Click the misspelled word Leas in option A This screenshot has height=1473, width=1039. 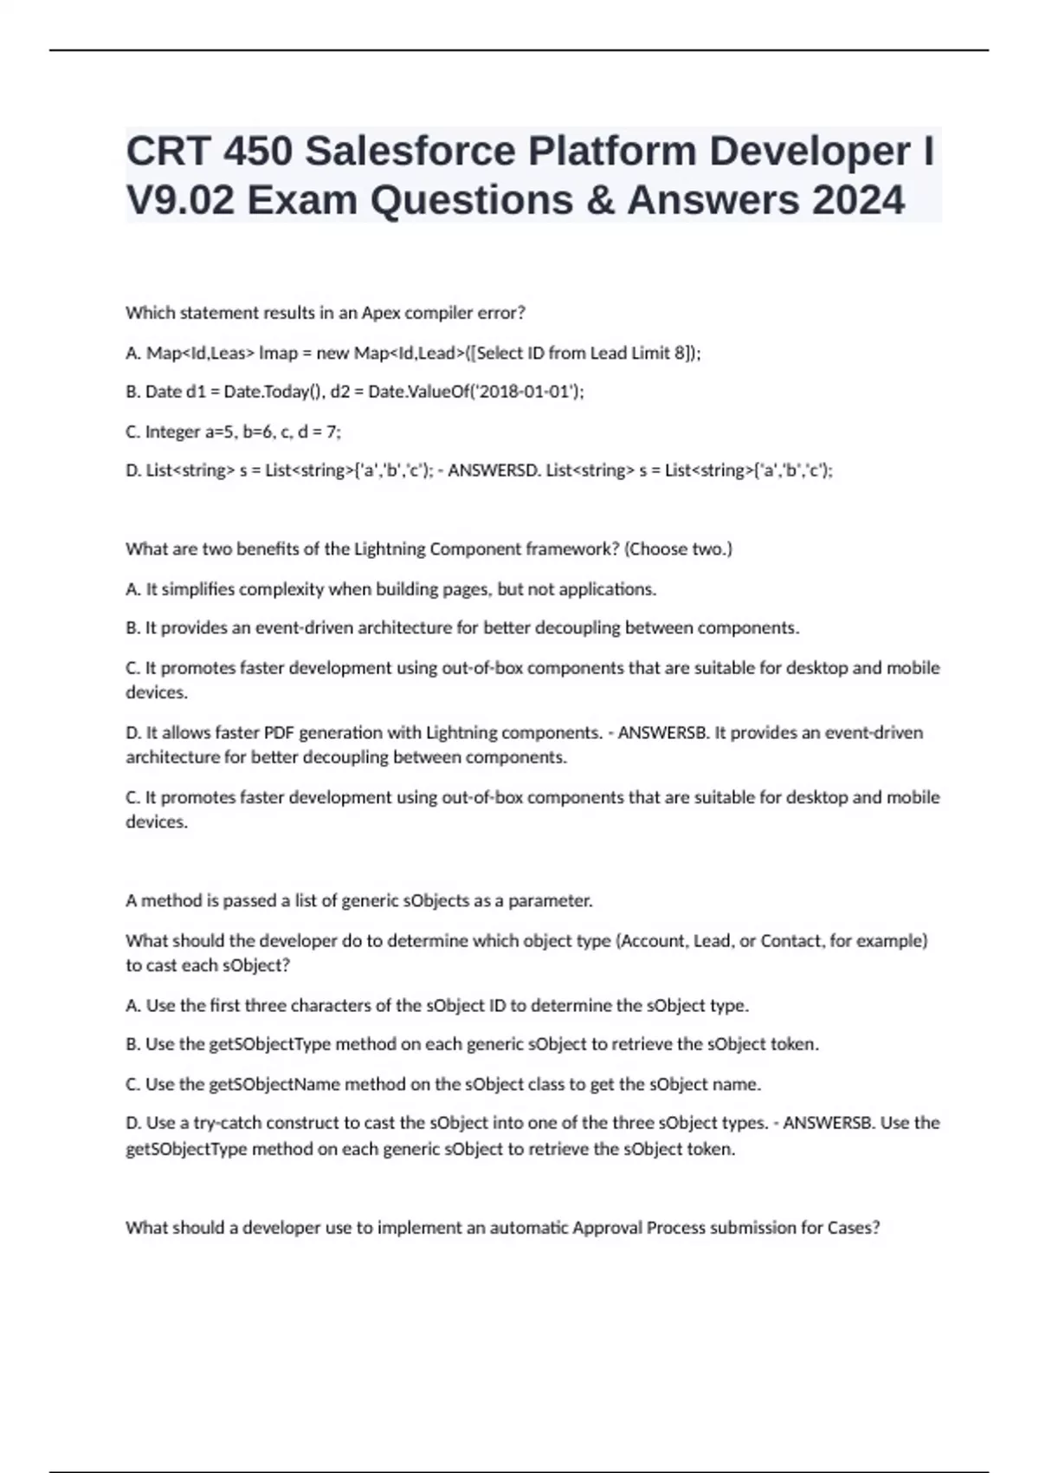234,353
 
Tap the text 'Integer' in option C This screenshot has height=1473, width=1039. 172,432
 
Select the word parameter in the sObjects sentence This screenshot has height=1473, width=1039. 550,901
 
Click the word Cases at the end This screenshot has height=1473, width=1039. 854,1228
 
